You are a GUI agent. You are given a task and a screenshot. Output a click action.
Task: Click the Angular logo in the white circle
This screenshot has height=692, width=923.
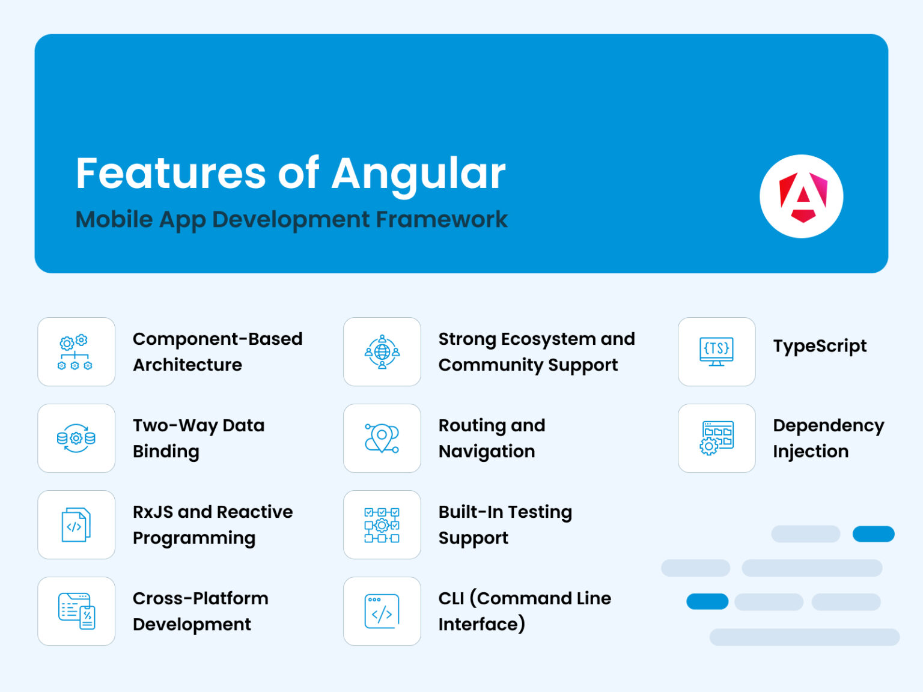tap(802, 197)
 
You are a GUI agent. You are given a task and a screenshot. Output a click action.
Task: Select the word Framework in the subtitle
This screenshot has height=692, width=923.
tap(442, 220)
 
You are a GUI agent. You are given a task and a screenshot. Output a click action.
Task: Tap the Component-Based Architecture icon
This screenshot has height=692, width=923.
tap(76, 352)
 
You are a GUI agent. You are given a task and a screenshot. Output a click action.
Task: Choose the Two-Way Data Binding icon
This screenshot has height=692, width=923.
tap(76, 439)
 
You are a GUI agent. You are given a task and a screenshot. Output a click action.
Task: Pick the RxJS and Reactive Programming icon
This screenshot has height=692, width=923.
tap(76, 525)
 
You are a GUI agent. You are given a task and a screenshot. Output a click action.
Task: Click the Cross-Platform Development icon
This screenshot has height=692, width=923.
tap(76, 612)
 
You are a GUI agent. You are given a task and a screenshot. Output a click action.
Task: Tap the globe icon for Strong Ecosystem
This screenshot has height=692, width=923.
tap(382, 352)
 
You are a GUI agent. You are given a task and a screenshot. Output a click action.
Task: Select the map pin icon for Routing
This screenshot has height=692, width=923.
tap(382, 439)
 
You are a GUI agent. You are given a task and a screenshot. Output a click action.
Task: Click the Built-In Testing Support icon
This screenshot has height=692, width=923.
tap(382, 525)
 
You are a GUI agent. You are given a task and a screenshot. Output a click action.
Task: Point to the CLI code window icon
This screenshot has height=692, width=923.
tap(382, 612)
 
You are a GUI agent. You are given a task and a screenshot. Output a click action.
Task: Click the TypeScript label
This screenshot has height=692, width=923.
tap(820, 347)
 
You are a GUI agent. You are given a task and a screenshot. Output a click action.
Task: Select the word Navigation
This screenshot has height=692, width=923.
tap(487, 452)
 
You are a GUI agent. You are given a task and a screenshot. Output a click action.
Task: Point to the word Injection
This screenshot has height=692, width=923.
tap(811, 452)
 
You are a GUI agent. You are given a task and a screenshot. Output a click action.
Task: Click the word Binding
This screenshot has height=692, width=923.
tap(166, 452)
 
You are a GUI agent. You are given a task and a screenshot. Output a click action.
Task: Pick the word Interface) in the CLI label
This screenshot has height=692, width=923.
tap(482, 625)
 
